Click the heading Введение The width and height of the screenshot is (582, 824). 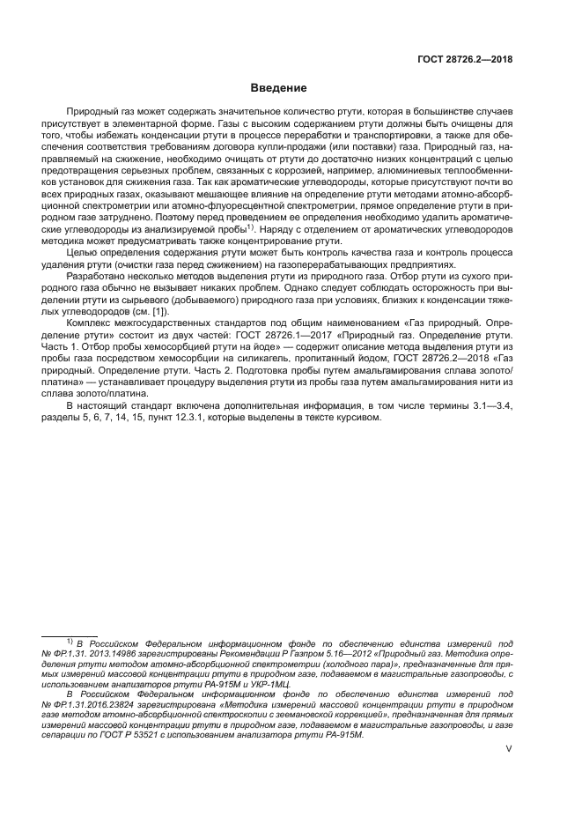[278, 89]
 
